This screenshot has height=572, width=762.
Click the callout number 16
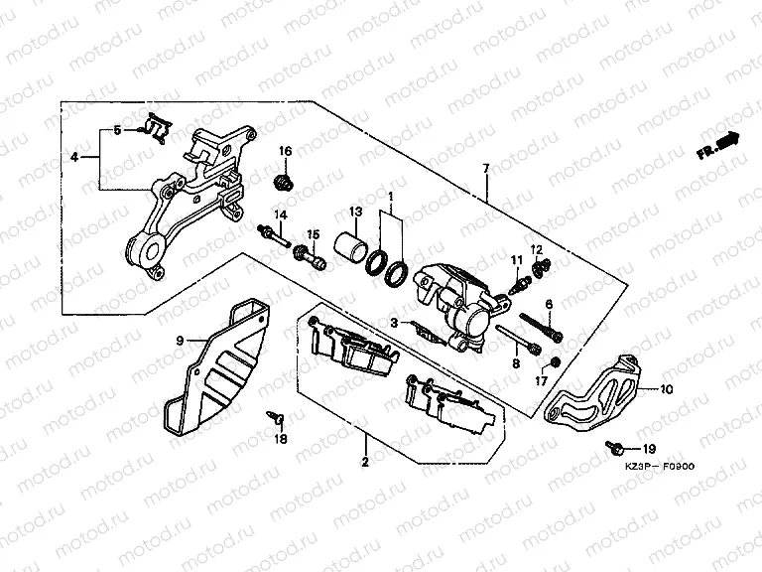point(285,151)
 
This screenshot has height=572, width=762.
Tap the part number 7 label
point(486,170)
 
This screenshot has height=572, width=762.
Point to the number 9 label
point(180,341)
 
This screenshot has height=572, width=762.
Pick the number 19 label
point(650,450)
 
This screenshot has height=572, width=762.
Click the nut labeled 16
point(284,182)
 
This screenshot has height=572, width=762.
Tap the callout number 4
point(74,157)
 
